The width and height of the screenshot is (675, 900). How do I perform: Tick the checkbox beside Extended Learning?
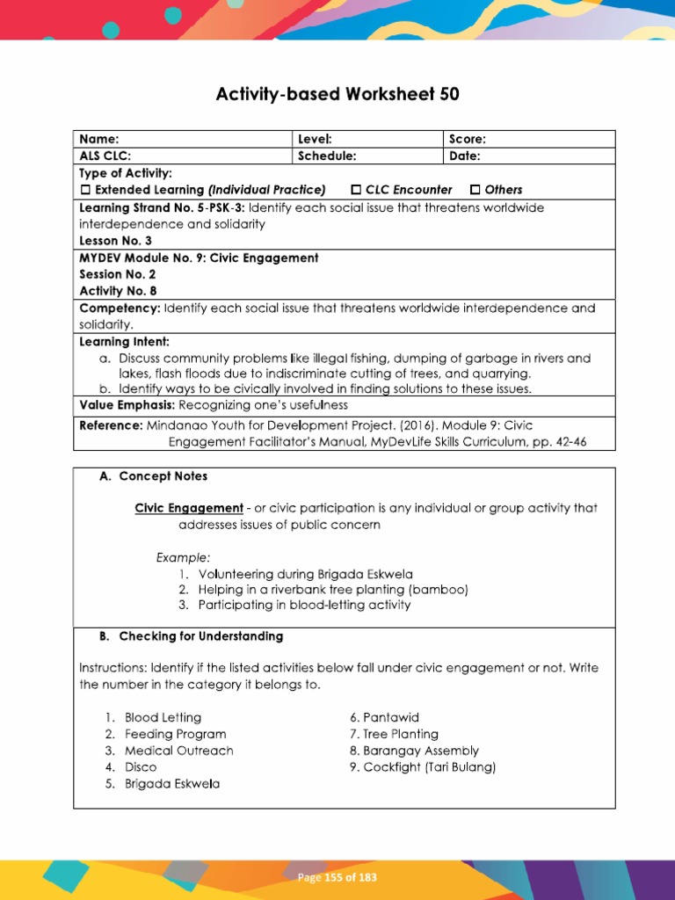point(86,190)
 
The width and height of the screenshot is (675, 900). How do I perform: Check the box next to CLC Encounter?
point(356,190)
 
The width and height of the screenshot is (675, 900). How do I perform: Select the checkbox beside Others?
point(475,190)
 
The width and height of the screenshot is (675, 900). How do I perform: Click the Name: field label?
point(98,139)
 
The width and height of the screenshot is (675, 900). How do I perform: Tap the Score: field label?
point(468,139)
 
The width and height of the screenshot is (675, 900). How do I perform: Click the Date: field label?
point(465,156)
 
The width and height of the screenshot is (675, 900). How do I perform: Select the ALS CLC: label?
point(105,156)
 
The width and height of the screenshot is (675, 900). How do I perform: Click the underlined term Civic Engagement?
point(188,508)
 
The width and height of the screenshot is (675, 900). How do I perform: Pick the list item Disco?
point(141,767)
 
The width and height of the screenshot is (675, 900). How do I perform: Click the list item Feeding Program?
point(175,734)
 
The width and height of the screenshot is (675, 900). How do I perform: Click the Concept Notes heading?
point(163,475)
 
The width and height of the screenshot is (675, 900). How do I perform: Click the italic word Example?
point(184,557)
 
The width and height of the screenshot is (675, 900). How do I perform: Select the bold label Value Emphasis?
point(127,405)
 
